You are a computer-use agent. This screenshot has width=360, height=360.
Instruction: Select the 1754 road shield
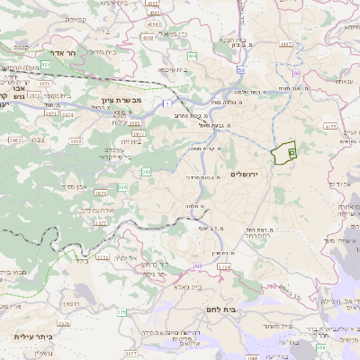click(x=223, y=266)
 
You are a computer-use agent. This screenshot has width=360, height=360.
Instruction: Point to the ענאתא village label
click(x=343, y=81)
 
